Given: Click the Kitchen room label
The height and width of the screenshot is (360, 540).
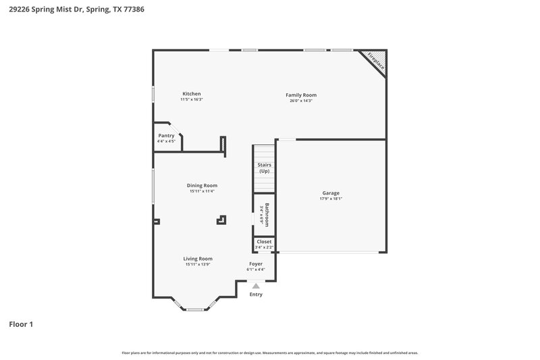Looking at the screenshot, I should point(192,94).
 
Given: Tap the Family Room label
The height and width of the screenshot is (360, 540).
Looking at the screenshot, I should point(301,95).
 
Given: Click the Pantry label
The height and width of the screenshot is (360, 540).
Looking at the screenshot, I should point(166,136).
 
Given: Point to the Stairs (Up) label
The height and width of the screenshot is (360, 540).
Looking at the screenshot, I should point(264,168).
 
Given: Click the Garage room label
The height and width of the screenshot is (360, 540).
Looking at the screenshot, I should point(331,193).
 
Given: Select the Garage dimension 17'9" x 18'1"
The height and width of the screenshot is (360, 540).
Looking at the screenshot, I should point(331,199).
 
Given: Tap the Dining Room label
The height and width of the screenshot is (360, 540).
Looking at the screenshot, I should point(202,186).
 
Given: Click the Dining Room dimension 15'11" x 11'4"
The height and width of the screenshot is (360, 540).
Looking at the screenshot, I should point(202,191).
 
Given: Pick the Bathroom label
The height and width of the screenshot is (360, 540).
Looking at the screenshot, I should point(267,215).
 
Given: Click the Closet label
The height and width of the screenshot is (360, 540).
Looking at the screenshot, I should point(264,241).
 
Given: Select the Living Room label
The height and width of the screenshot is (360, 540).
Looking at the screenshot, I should point(198,259).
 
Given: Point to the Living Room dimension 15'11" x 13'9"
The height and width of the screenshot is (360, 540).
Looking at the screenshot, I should point(198,264).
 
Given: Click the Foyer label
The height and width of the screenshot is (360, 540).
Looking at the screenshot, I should point(256,263).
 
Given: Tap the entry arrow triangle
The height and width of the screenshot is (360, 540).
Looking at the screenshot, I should point(256,286).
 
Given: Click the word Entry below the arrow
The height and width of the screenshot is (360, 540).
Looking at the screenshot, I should point(256,294).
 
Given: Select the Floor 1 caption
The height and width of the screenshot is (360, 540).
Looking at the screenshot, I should point(21,324).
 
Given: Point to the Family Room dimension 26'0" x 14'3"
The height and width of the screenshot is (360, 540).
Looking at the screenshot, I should point(301,101).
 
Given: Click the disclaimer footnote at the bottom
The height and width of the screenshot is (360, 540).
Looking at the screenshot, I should point(269,353).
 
